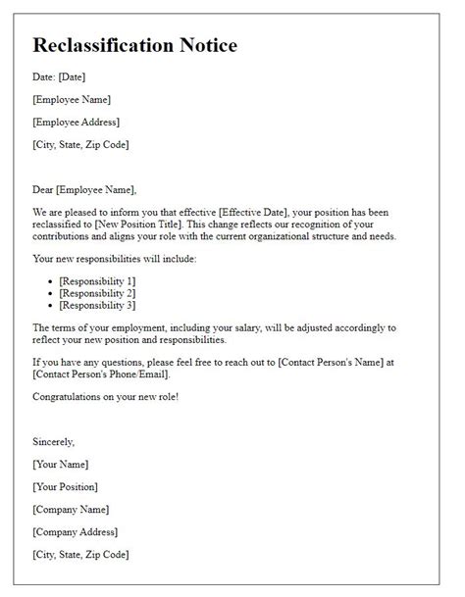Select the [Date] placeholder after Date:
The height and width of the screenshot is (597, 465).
75,76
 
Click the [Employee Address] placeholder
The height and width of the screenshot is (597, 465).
77,122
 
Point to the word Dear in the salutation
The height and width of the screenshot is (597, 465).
43,189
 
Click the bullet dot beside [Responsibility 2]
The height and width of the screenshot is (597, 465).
50,294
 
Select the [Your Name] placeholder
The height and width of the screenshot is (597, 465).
61,464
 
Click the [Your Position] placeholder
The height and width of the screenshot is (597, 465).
66,486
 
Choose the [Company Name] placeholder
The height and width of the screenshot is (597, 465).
71,510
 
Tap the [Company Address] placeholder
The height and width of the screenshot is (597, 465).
76,532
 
